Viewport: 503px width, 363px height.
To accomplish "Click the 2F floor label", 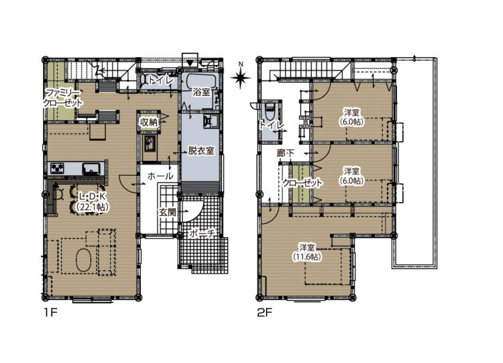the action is [x=265, y=313].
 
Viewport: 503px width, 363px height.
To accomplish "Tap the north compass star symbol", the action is [x=241, y=77].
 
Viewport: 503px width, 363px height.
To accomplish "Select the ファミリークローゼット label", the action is [x=62, y=98].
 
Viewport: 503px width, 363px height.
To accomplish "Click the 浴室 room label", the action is [x=201, y=92].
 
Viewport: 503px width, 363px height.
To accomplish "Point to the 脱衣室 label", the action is [x=201, y=150].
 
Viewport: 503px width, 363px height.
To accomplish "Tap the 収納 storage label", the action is [x=148, y=122].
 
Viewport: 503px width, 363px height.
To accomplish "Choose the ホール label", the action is [x=160, y=176].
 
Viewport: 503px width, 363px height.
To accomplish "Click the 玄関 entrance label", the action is [x=168, y=212].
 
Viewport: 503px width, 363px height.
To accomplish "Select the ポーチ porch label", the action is [x=202, y=233].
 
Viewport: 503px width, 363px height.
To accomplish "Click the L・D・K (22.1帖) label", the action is [x=92, y=201].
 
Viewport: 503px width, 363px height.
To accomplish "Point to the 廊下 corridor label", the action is [x=285, y=154].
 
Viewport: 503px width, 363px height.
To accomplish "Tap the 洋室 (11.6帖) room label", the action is [x=307, y=252].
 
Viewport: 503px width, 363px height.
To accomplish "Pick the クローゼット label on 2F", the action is [x=302, y=183].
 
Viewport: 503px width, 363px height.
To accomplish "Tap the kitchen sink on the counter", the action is [x=93, y=169].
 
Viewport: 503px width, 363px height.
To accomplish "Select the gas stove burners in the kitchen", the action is [x=56, y=168].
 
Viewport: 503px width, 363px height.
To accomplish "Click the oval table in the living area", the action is [x=84, y=259].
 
